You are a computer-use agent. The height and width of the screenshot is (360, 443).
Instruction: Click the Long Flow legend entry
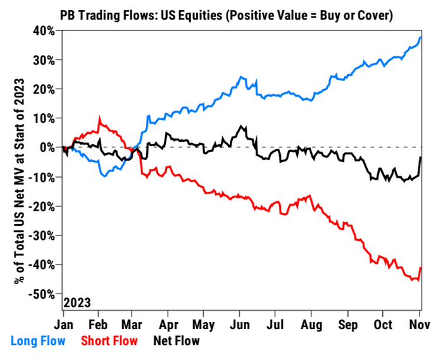click(x=38, y=341)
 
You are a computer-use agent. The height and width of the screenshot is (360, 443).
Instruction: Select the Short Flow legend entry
click(x=109, y=341)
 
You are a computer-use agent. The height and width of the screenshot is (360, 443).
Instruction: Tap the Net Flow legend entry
click(x=177, y=341)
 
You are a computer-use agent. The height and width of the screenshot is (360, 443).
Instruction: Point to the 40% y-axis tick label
click(x=44, y=31)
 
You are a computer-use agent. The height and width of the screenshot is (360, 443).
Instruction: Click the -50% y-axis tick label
click(x=42, y=294)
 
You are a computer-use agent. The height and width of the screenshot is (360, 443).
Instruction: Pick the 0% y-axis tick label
click(x=47, y=147)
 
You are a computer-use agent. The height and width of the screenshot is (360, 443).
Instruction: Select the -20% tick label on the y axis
click(x=42, y=206)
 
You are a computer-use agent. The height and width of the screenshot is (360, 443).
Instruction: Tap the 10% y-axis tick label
click(x=44, y=118)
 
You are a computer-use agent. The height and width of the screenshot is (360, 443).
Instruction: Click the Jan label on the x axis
click(x=63, y=325)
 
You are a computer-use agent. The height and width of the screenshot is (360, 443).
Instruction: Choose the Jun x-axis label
click(x=240, y=325)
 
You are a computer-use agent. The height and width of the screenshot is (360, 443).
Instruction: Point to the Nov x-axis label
click(x=420, y=325)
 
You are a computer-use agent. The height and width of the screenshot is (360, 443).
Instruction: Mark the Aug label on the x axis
click(x=311, y=325)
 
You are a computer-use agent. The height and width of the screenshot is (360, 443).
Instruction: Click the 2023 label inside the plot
click(x=77, y=303)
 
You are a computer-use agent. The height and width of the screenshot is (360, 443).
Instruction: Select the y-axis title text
click(x=20, y=181)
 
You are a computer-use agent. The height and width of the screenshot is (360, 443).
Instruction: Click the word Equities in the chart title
click(x=192, y=16)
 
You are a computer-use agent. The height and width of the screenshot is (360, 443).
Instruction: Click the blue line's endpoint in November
click(x=421, y=37)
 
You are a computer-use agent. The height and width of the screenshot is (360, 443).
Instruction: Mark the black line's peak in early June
click(x=241, y=126)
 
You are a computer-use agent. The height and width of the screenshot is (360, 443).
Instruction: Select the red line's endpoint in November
click(x=421, y=268)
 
